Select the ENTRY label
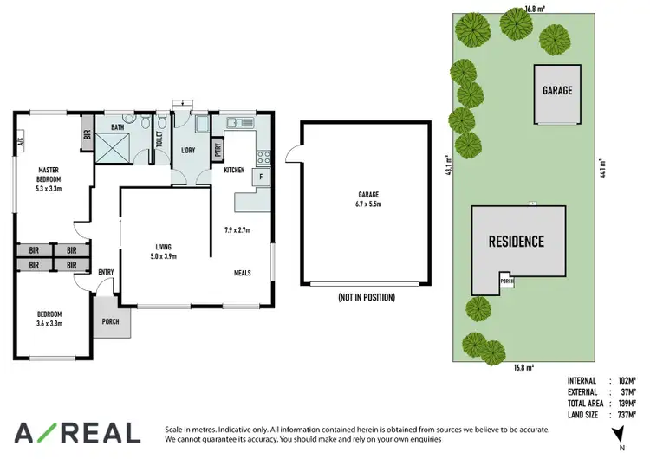point(106,273)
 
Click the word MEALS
point(242,273)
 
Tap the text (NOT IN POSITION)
point(367,297)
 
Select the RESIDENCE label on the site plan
point(516,242)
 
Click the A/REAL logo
point(76,433)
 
